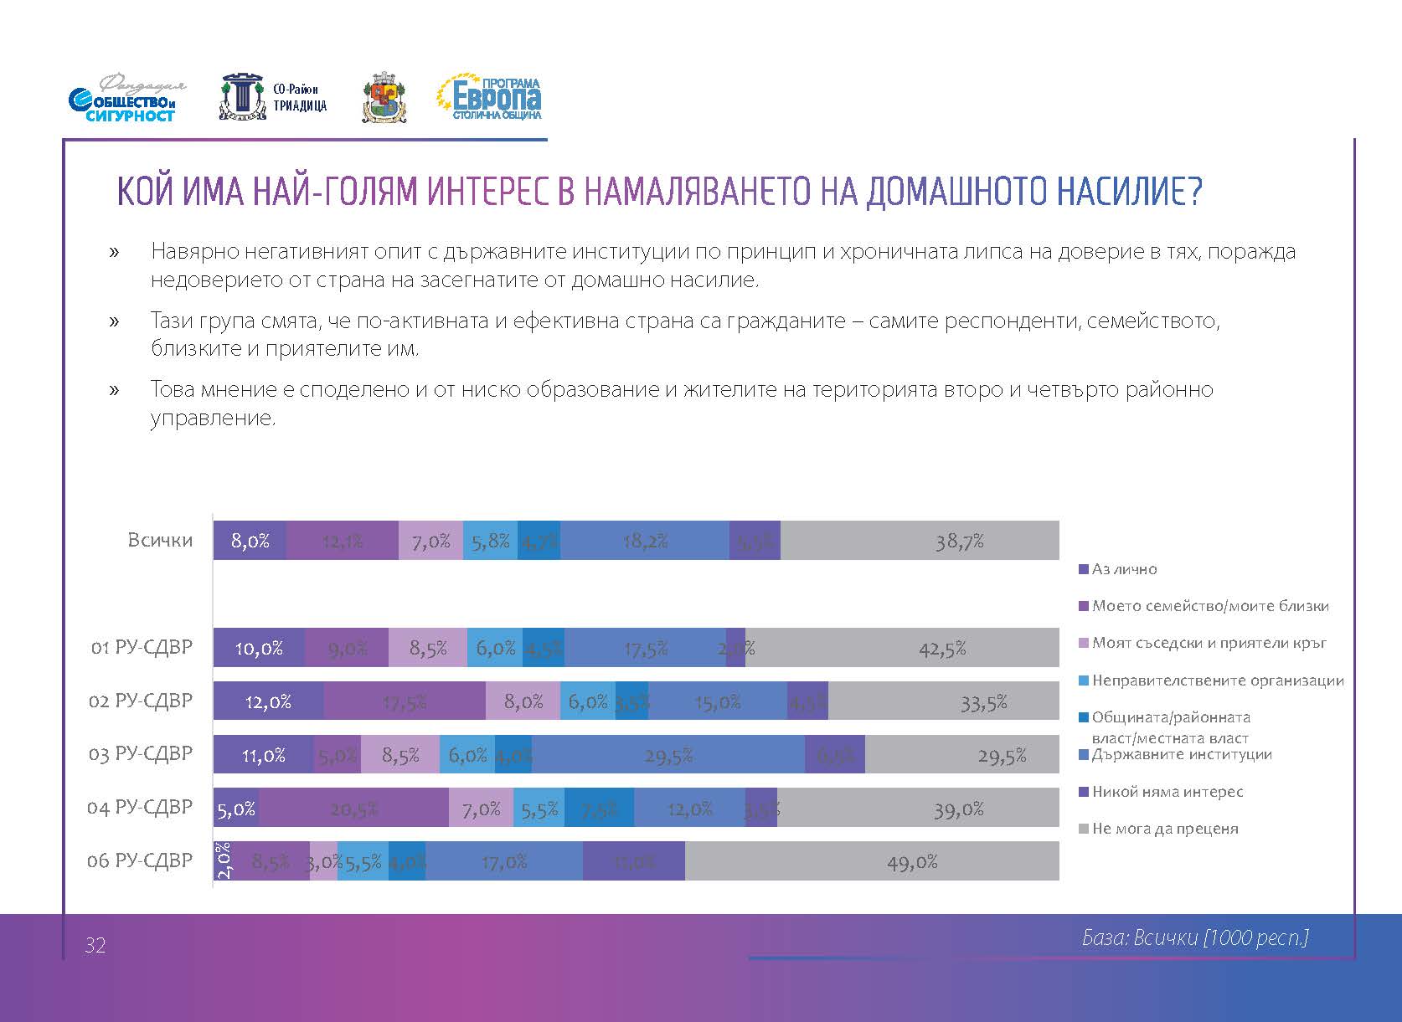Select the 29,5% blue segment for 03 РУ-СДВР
pyautogui.click(x=668, y=755)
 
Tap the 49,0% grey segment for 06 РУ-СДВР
pyautogui.click(x=872, y=861)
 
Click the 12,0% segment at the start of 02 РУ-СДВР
pyautogui.click(x=268, y=701)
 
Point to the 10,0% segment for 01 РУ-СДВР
pyautogui.click(x=259, y=648)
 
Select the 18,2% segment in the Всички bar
pyautogui.click(x=645, y=541)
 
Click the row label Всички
pyautogui.click(x=160, y=540)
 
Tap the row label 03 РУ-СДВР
pyautogui.click(x=140, y=754)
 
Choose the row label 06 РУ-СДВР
pyautogui.click(x=140, y=860)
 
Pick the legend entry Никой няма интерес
pyautogui.click(x=1167, y=792)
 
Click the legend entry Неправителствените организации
pyautogui.click(x=1217, y=681)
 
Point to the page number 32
pyautogui.click(x=95, y=946)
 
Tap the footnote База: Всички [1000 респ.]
pyautogui.click(x=1195, y=938)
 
